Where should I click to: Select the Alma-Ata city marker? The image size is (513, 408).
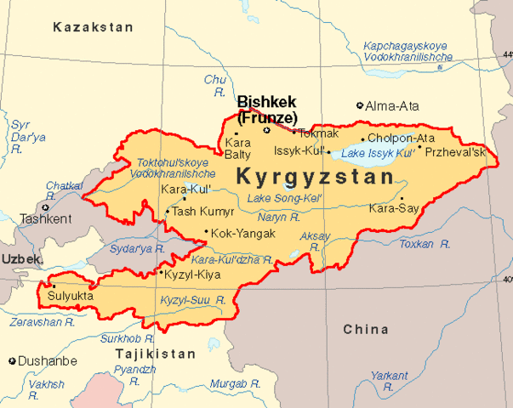tap(360, 106)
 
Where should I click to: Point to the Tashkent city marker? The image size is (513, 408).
tap(45, 207)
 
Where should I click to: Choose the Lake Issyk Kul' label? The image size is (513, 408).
tap(377, 154)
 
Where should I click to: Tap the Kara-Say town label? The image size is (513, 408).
tap(393, 207)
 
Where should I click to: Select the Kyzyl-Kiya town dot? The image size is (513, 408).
tap(162, 273)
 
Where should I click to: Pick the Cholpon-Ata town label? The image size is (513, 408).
tap(401, 139)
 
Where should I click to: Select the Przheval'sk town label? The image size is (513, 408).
tap(455, 151)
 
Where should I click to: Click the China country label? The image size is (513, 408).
tap(366, 328)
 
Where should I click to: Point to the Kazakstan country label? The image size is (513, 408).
tap(93, 27)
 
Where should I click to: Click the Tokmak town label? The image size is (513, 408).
tap(318, 133)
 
